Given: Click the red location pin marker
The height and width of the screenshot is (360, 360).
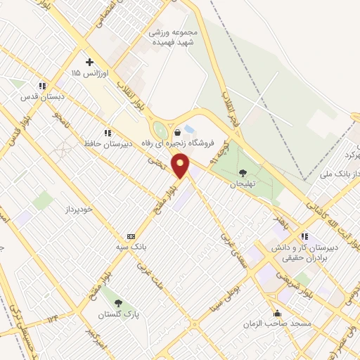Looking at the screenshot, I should pos(181,167).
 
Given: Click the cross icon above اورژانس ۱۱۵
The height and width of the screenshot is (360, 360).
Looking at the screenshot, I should pos(89,62).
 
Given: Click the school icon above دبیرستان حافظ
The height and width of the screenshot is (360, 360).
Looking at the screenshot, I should pos(108,132).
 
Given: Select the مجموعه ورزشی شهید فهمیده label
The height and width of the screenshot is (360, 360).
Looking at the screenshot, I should pos(174,37).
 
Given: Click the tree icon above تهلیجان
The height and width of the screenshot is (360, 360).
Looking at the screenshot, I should pos(243,172).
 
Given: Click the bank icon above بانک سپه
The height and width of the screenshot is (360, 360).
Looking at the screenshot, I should pos(131,236).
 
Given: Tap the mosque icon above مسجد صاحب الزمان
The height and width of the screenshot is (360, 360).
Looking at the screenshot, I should pos(278,314).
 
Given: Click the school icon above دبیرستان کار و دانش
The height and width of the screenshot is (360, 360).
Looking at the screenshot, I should pos(304,237).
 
